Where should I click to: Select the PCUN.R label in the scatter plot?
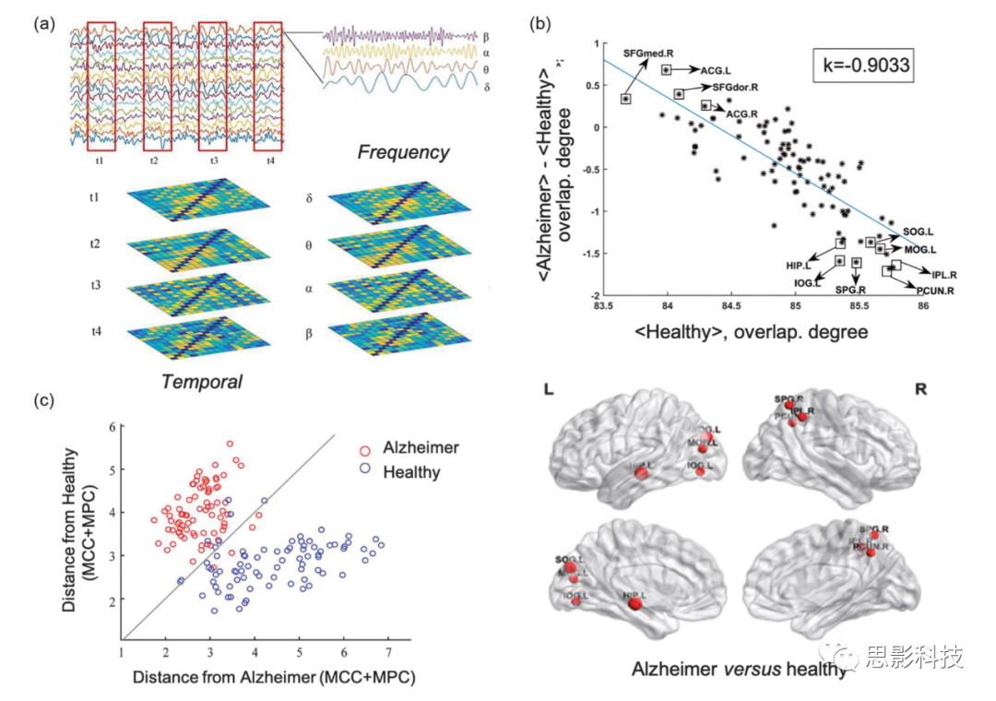click(933, 291)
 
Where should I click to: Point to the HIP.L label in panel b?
click(799, 265)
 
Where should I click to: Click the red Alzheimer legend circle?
click(365, 447)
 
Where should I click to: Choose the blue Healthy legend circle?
click(365, 472)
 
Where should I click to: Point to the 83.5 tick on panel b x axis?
click(604, 304)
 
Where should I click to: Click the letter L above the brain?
click(550, 391)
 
